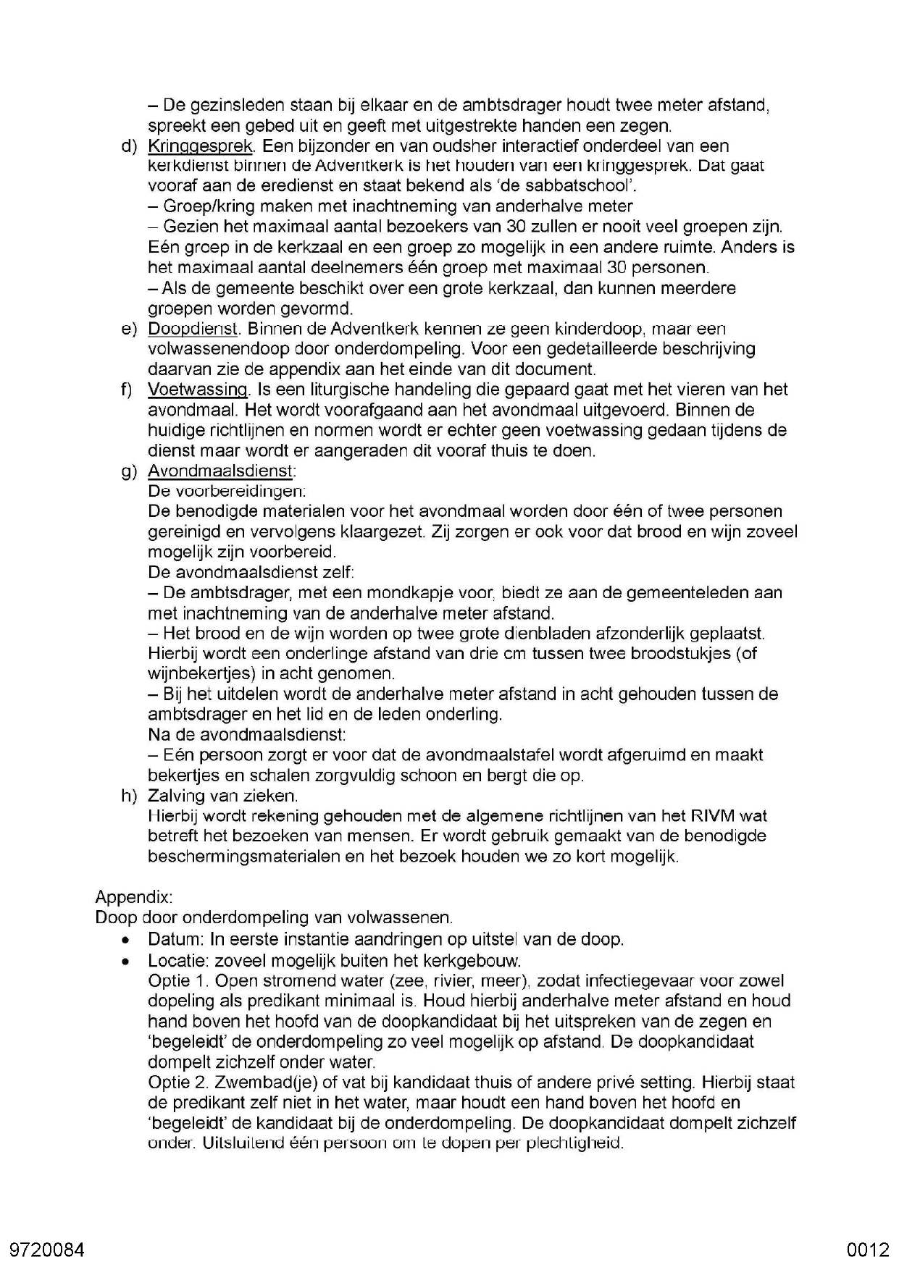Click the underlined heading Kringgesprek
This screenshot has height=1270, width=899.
coord(200,146)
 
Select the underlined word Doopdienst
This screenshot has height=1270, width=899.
coord(193,329)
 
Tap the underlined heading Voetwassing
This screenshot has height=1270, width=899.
coord(198,390)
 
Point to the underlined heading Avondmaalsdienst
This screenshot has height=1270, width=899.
coord(220,471)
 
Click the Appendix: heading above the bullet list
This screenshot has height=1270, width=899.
coord(134,898)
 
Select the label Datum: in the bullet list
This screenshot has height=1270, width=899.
coord(176,940)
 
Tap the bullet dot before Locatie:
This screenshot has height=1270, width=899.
coord(127,962)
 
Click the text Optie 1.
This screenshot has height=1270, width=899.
coord(178,981)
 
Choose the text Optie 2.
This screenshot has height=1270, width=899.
coord(178,1082)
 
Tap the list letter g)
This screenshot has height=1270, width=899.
coord(129,471)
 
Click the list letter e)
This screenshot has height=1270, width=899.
coord(129,329)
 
